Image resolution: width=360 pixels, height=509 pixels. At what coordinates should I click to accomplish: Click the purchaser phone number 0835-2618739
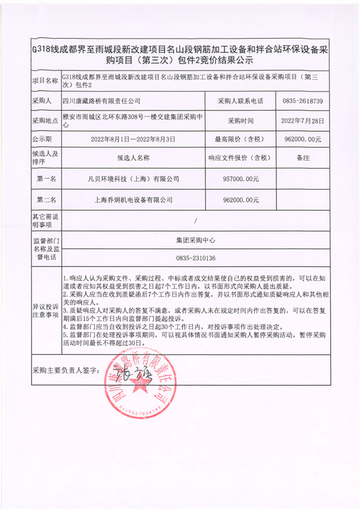302,102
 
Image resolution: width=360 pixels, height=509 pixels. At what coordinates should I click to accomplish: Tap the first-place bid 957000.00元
241,179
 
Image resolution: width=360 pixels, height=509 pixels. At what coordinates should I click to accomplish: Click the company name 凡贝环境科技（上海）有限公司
134,179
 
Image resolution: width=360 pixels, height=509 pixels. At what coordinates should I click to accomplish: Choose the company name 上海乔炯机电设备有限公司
134,199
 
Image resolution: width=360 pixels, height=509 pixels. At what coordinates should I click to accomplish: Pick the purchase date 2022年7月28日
302,121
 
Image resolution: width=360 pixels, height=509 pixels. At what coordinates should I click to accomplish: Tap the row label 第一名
46,179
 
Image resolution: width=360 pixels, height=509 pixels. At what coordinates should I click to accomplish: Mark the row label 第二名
46,199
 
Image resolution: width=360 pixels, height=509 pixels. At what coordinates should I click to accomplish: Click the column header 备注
302,158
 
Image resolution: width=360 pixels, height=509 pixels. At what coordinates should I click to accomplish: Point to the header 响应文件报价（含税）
241,158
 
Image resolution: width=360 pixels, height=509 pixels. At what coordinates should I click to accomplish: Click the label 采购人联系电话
240,102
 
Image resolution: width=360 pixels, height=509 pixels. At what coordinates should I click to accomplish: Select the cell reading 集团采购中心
196,240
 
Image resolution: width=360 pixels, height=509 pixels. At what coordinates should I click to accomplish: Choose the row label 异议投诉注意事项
46,310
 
